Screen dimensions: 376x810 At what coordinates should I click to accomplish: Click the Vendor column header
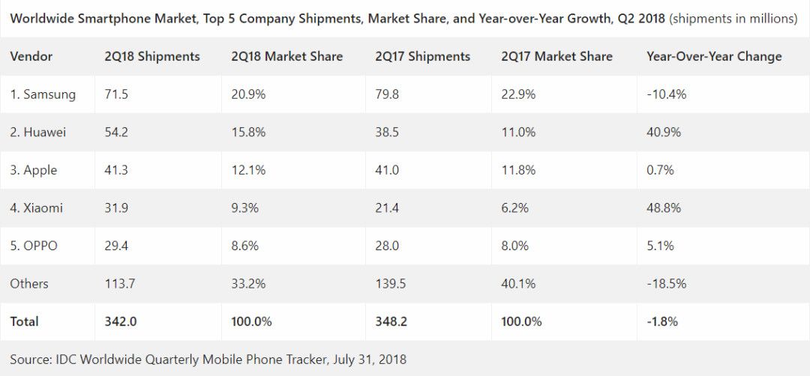tap(31, 56)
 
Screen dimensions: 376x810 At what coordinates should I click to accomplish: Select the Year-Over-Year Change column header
tap(713, 56)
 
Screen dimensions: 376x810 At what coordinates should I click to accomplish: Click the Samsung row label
tap(43, 94)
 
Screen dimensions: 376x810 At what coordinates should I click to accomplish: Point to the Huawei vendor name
tap(38, 132)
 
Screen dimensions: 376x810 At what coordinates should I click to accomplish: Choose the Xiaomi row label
tap(37, 207)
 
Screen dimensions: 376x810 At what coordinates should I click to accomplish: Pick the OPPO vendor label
tap(34, 246)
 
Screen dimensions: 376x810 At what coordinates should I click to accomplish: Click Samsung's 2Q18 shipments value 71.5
tap(116, 94)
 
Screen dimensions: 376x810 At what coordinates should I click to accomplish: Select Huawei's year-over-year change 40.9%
tap(663, 132)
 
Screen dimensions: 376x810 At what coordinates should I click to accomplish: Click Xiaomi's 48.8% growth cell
tap(663, 207)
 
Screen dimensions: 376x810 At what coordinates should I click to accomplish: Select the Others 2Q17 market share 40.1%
tap(518, 283)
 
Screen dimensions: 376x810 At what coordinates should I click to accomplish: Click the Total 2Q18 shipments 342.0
tap(120, 321)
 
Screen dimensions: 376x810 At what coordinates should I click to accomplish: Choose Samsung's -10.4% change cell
tap(666, 94)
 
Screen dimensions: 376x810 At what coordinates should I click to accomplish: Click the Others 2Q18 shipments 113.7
tap(120, 283)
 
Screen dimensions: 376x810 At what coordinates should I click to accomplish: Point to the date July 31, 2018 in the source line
tap(368, 360)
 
